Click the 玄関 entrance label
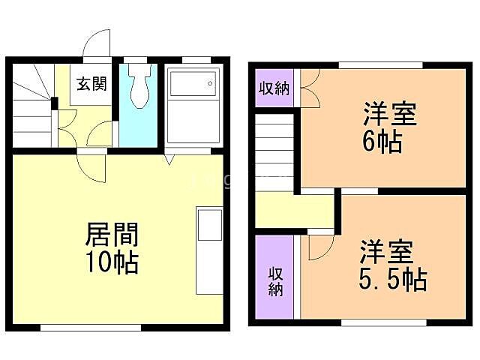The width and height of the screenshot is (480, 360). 90,82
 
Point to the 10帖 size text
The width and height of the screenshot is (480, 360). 110,262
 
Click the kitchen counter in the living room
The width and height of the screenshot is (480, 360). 209,251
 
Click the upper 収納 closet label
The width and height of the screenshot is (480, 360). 274,88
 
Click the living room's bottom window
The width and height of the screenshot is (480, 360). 90,327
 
